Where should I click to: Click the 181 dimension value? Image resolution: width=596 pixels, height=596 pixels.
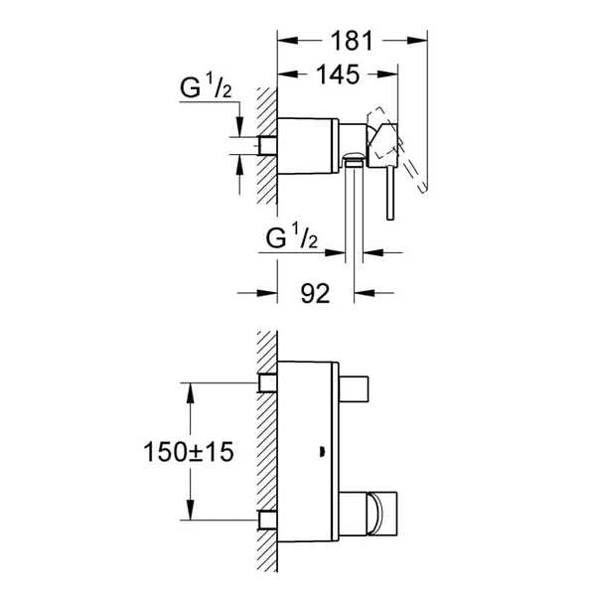coord(352,41)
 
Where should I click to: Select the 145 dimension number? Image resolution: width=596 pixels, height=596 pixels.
coord(338,74)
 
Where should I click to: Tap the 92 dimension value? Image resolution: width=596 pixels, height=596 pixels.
coord(315,293)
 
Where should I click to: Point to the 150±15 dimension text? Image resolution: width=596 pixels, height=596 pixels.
coord(189,452)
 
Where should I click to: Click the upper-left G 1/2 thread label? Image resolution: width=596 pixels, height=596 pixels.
coord(206,86)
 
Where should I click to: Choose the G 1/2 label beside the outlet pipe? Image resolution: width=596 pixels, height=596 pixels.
coord(291,236)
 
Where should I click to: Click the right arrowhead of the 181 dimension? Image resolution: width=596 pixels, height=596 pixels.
coord(417,41)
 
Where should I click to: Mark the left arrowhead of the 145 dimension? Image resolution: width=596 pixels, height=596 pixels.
coord(288,74)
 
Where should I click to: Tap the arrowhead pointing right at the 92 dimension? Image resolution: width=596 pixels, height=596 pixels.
coord(267,293)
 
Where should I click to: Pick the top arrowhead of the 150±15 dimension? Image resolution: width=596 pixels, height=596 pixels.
coord(191,393)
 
